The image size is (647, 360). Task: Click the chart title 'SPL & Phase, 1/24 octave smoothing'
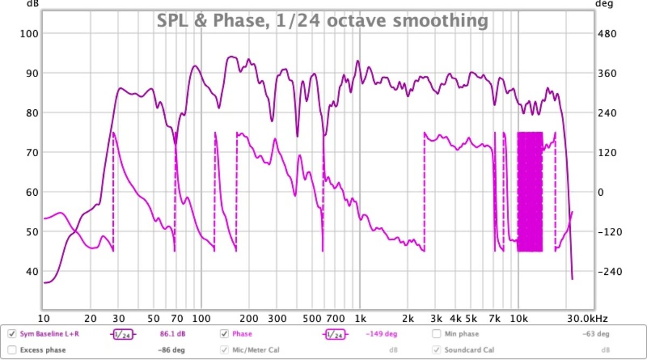[x=322, y=21]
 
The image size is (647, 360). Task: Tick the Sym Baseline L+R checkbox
[x=12, y=334]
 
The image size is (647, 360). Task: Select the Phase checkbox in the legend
[x=224, y=334]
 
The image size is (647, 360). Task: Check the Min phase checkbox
[x=436, y=334]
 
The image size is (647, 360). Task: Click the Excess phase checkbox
[x=12, y=350]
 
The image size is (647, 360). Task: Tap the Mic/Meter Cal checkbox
[x=224, y=350]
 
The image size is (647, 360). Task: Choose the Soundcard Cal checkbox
[x=436, y=350]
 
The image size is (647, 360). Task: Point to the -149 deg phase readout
[x=381, y=334]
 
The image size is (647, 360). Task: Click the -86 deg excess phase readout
[x=171, y=350]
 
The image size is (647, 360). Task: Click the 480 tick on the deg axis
[x=607, y=33]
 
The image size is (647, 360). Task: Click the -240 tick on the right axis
[x=609, y=271]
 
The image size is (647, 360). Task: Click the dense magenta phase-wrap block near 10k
[x=530, y=192]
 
